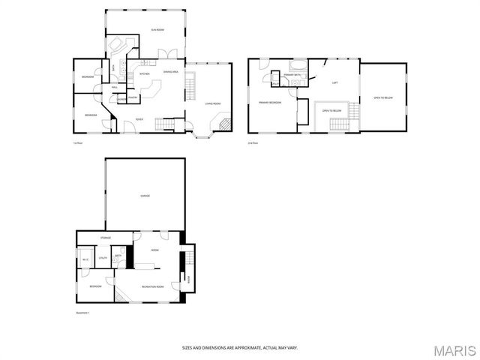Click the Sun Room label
pyautogui.click(x=157, y=29)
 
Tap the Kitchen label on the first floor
pyautogui.click(x=144, y=73)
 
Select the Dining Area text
pyautogui.click(x=170, y=72)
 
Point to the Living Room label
pyautogui.click(x=211, y=103)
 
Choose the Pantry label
pyautogui.click(x=132, y=97)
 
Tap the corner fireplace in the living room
pyautogui.click(x=223, y=122)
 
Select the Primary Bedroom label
pyautogui.click(x=269, y=103)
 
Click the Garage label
pyautogui.click(x=145, y=196)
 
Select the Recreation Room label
pyautogui.click(x=151, y=286)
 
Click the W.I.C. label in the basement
pyautogui.click(x=85, y=260)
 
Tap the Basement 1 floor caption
pyautogui.click(x=82, y=312)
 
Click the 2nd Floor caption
pyautogui.click(x=253, y=142)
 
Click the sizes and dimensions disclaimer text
pyautogui.click(x=239, y=347)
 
